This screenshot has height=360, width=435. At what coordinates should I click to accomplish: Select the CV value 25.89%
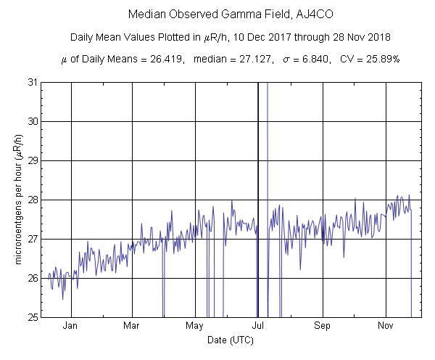(x=381, y=58)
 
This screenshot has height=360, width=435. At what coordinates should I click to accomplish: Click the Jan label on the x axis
(x=71, y=326)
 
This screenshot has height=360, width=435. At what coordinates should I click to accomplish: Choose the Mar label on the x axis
(x=132, y=326)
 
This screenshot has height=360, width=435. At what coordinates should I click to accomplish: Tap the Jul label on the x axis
(x=259, y=326)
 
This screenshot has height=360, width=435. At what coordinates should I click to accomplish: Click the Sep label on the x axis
(x=322, y=326)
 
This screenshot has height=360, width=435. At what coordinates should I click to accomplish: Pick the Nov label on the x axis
(x=385, y=326)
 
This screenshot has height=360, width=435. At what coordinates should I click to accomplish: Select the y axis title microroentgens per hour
(x=17, y=200)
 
